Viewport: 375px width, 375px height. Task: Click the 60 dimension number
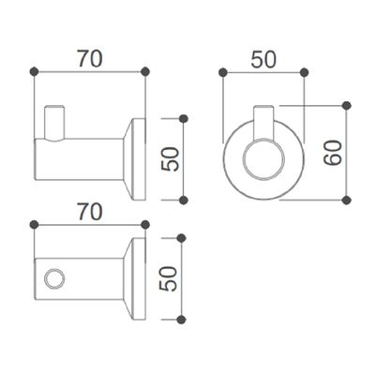click(x=333, y=153)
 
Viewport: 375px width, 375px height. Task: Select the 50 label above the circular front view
click(x=263, y=59)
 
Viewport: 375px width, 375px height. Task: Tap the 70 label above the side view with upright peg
click(x=90, y=59)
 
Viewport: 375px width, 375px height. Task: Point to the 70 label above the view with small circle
click(x=90, y=212)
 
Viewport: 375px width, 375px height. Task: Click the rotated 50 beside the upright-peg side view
click(x=171, y=159)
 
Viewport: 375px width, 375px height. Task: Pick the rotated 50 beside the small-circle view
click(x=168, y=278)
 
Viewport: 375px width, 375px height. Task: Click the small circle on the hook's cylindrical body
click(x=54, y=277)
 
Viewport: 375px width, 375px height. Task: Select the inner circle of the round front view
click(x=264, y=159)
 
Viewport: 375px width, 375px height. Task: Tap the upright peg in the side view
click(x=54, y=123)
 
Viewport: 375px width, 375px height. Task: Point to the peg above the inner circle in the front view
click(x=264, y=123)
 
